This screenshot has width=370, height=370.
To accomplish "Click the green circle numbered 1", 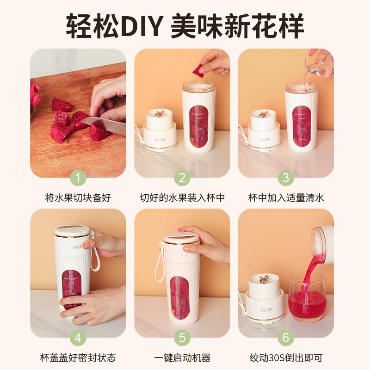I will [x=78, y=178].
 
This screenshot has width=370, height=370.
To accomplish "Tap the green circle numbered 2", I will [x=182, y=178].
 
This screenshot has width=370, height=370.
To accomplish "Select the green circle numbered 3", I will [x=286, y=178].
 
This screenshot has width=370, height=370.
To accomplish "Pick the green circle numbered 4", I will [x=78, y=338].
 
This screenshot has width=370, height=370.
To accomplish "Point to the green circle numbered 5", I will [x=182, y=338].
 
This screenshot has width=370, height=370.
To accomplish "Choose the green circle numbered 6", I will [x=286, y=338].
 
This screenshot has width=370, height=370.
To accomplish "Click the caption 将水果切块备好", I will [x=78, y=197].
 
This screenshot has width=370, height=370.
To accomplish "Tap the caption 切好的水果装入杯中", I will [x=182, y=197].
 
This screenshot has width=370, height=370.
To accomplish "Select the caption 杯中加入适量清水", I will [x=286, y=197].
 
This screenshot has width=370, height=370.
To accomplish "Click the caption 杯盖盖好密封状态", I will [x=78, y=358].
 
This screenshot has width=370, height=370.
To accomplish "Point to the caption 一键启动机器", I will [x=182, y=358].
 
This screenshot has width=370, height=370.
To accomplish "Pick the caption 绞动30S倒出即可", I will [x=286, y=358].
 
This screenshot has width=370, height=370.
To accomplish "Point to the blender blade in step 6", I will [x=265, y=279].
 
